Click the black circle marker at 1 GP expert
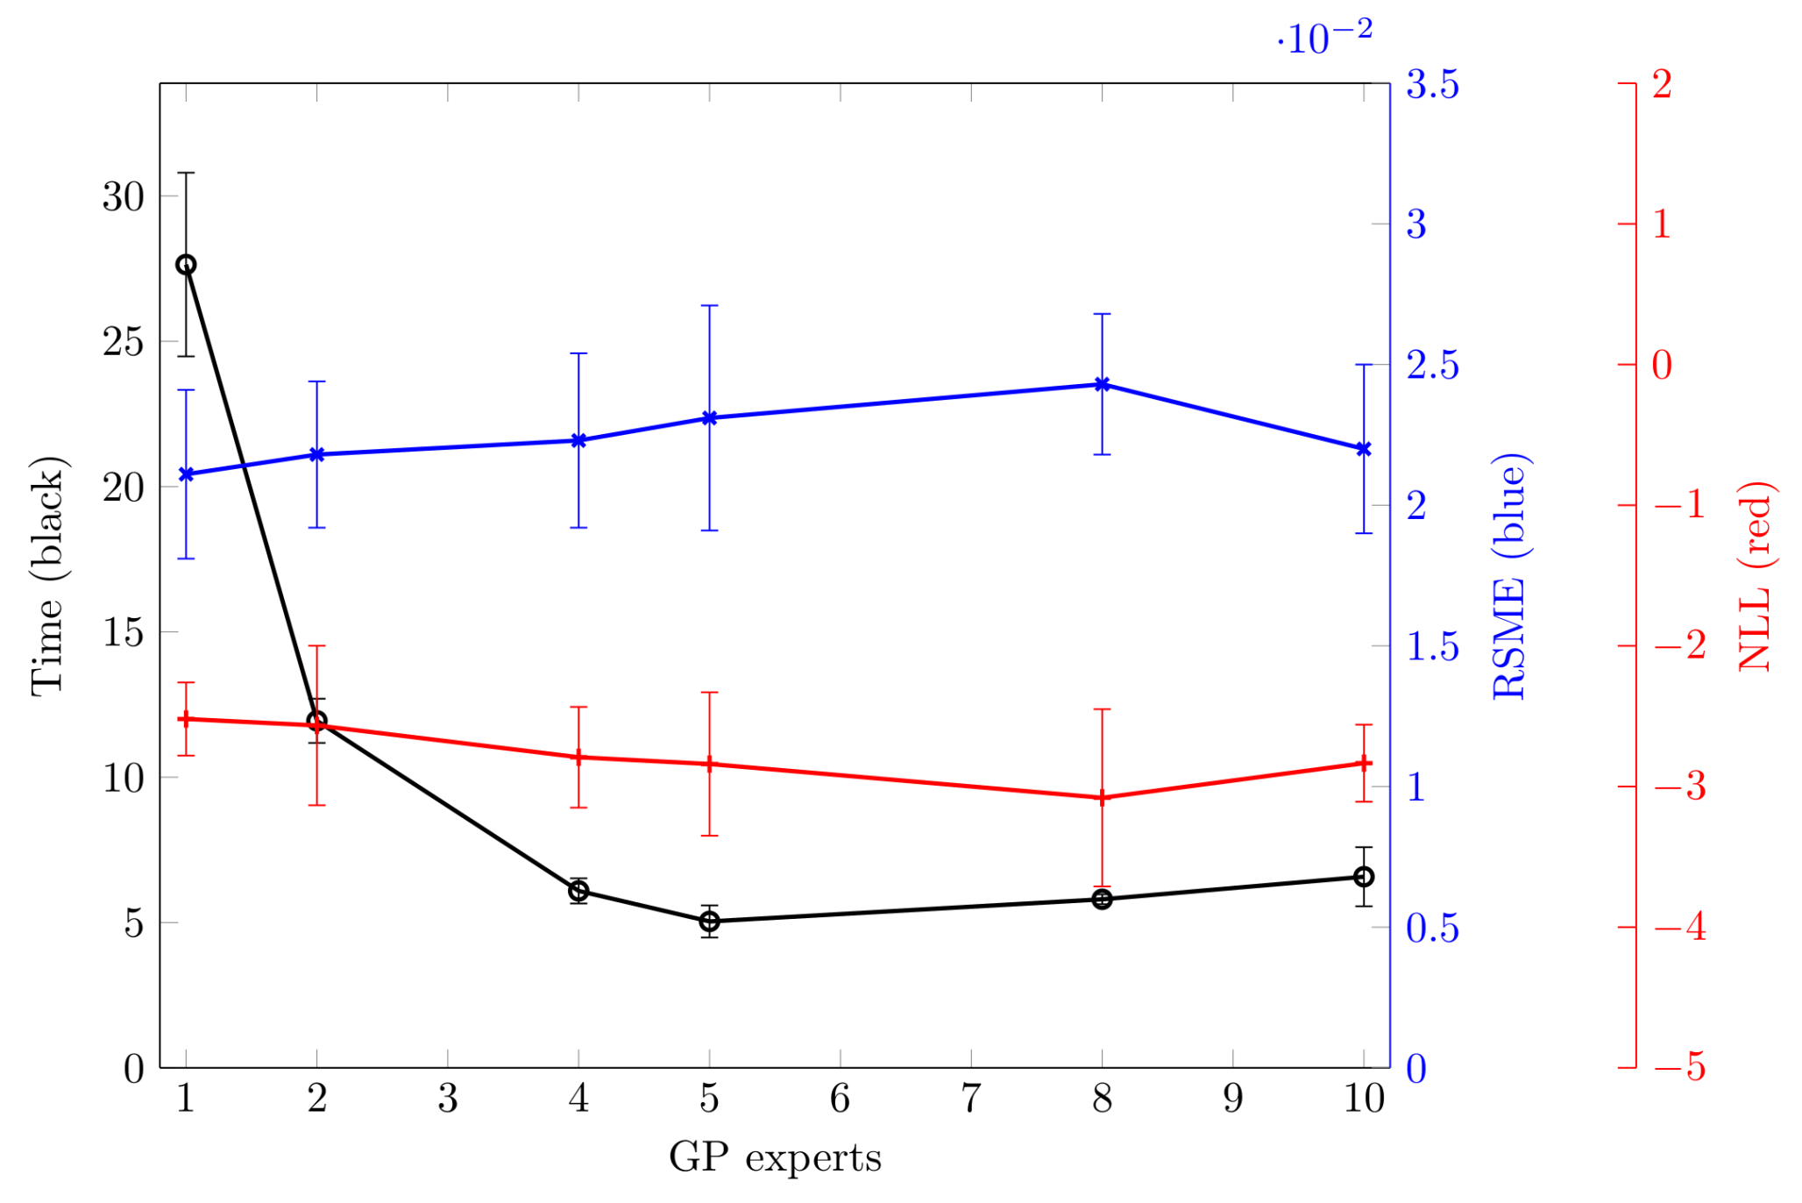[186, 265]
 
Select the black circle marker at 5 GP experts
[710, 922]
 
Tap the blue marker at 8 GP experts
[1103, 384]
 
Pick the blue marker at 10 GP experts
[1364, 449]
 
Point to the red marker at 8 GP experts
[1103, 798]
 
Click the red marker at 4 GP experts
[578, 758]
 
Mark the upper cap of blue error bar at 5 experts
[710, 305]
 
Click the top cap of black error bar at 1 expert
[186, 174]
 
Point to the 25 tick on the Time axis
[123, 342]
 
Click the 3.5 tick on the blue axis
[1432, 85]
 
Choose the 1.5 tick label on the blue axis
[1432, 647]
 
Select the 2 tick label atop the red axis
[1662, 85]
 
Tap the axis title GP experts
[775, 1158]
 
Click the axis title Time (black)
[47, 576]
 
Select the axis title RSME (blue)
[1510, 576]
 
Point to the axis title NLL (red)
[1756, 576]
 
